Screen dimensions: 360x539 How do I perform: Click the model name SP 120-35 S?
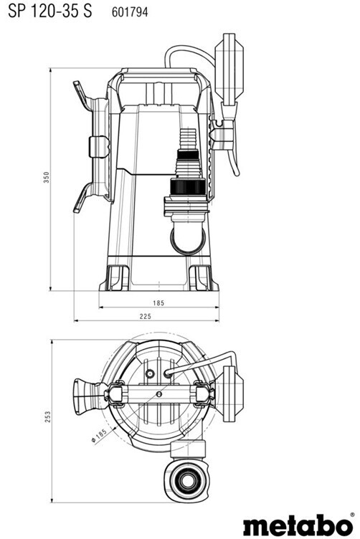(x=50, y=11)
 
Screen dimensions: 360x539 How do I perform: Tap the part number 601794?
(x=130, y=12)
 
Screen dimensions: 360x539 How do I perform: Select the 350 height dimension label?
(x=47, y=177)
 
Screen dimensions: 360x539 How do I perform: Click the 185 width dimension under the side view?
(x=158, y=303)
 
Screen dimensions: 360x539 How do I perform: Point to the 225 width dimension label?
(x=146, y=316)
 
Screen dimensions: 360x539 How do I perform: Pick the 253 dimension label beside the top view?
(x=47, y=416)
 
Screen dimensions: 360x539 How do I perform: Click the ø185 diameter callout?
(x=99, y=436)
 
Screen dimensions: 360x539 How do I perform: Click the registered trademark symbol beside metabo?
(x=352, y=515)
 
